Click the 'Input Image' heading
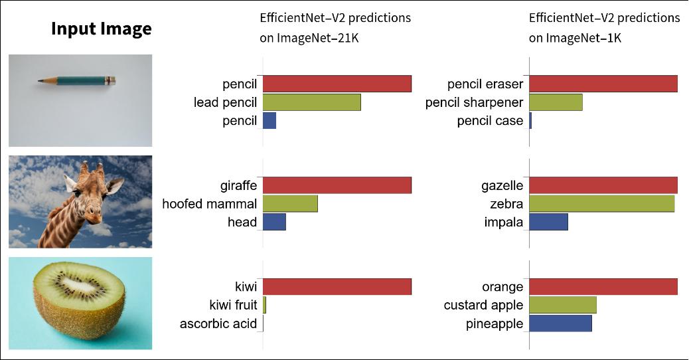pyautogui.click(x=101, y=29)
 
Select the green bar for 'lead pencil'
pyautogui.click(x=311, y=102)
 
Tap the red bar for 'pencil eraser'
pyautogui.click(x=603, y=84)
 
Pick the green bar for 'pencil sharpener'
pyautogui.click(x=556, y=102)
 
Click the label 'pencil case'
pyautogui.click(x=490, y=121)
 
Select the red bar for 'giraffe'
pyautogui.click(x=337, y=185)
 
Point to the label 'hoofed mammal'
pyautogui.click(x=209, y=204)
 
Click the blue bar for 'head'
pyautogui.click(x=274, y=222)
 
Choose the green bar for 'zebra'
pyautogui.click(x=601, y=204)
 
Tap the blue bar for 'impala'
pyautogui.click(x=548, y=222)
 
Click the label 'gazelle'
pyautogui.click(x=502, y=186)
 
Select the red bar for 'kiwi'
pyautogui.click(x=337, y=287)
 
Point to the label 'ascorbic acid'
pyautogui.click(x=218, y=324)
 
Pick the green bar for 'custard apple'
pyautogui.click(x=563, y=306)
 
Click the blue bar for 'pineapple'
pyautogui.click(x=560, y=323)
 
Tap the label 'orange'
pyautogui.click(x=502, y=288)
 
